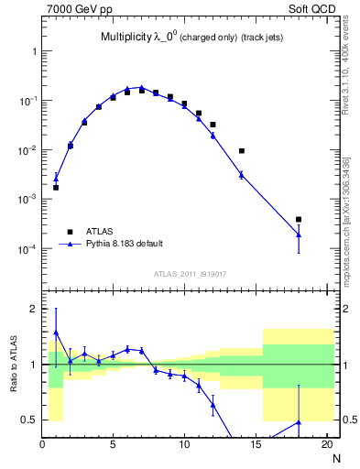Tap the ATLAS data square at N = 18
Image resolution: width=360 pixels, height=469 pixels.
click(298, 220)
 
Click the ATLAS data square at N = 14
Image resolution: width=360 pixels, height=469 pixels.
click(241, 151)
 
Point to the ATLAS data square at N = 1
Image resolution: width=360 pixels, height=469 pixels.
click(56, 188)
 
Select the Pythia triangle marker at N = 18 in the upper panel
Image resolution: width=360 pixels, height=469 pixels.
click(298, 234)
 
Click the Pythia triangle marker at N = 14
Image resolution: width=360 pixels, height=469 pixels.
click(241, 174)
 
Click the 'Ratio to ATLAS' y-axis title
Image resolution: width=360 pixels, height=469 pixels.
click(14, 365)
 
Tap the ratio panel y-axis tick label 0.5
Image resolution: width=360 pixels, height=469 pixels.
click(30, 420)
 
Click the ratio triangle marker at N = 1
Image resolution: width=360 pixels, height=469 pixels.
click(56, 333)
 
